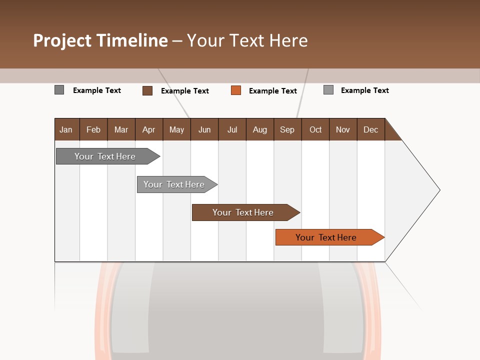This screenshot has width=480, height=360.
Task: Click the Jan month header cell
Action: (x=66, y=129)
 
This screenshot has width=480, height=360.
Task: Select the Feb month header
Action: (x=93, y=129)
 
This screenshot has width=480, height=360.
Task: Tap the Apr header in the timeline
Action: (x=149, y=129)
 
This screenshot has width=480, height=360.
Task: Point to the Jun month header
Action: (x=204, y=129)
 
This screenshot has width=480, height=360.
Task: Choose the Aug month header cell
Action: (x=260, y=129)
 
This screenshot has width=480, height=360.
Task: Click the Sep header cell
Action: (x=287, y=129)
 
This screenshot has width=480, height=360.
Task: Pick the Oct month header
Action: (x=315, y=129)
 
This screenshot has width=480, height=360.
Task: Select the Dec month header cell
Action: (x=371, y=129)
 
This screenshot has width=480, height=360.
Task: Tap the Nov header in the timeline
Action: (x=343, y=129)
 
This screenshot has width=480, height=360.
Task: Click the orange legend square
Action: (x=236, y=90)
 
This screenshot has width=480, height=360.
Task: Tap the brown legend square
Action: (x=147, y=90)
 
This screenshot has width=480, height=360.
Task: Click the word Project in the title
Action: (x=62, y=40)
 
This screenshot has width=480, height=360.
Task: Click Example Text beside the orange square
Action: (x=273, y=91)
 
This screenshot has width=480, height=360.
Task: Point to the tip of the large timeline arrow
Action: (x=438, y=190)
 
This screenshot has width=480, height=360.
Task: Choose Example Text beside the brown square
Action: (x=185, y=91)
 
